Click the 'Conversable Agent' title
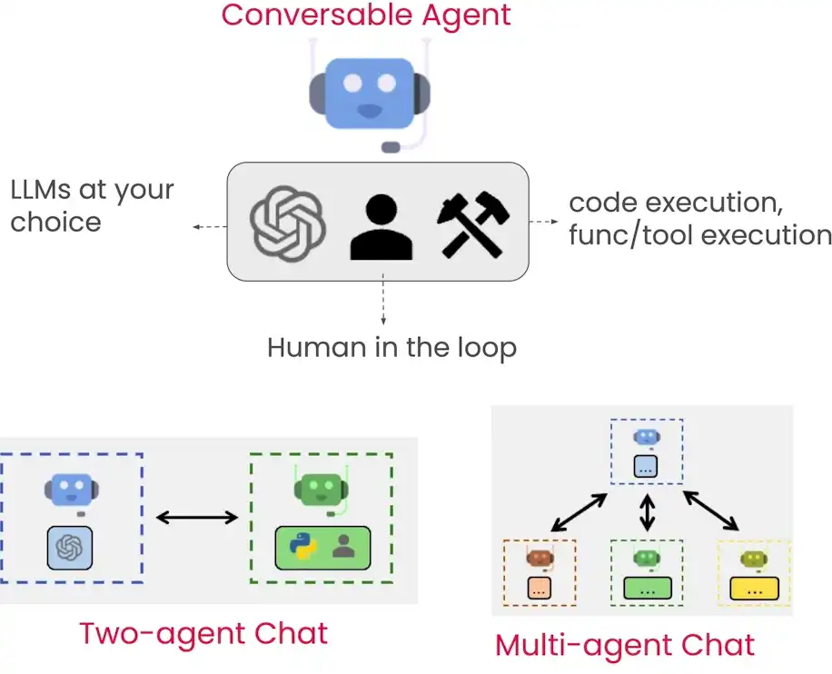click(366, 15)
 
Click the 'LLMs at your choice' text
click(92, 206)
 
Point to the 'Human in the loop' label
click(391, 347)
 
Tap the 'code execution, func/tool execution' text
click(699, 218)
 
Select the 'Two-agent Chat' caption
click(203, 632)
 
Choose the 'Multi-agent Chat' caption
click(625, 645)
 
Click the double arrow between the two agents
click(196, 518)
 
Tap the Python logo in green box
click(300, 546)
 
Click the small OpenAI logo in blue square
click(71, 547)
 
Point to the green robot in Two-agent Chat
click(322, 491)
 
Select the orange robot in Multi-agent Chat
click(540, 558)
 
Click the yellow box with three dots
click(753, 588)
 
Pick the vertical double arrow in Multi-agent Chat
click(647, 512)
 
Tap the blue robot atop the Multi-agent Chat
click(647, 437)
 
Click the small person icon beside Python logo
click(343, 545)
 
